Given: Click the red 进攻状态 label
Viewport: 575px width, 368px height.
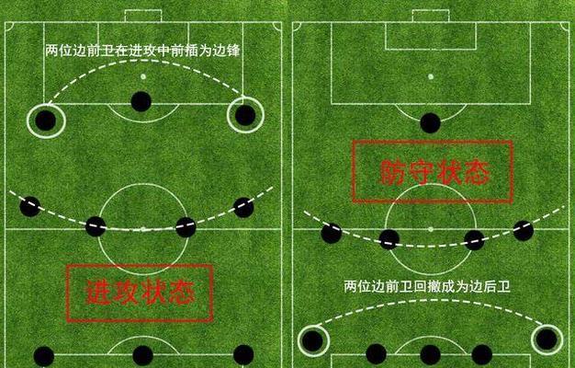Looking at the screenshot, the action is [140, 293].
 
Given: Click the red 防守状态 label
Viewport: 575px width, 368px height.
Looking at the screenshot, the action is [433, 171].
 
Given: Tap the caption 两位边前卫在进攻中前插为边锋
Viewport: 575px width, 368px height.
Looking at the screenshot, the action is [142, 51].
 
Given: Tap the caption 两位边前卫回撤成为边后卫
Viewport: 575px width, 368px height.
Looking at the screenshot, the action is [427, 286].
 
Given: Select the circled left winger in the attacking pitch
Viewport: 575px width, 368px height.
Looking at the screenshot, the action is [46, 121].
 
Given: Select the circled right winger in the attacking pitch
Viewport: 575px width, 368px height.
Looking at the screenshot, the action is [245, 115].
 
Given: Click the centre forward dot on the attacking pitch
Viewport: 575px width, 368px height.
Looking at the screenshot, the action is [141, 101].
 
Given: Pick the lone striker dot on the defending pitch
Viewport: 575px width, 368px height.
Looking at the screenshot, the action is [430, 123].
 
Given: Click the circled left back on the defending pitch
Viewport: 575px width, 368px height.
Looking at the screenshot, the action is [313, 340].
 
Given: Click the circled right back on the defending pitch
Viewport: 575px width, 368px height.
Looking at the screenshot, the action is [547, 339].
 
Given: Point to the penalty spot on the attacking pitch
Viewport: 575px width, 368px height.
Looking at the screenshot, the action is [143, 76].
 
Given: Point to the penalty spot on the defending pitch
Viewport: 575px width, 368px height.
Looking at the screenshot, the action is [431, 76].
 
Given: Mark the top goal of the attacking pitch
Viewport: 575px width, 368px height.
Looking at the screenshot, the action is [143, 17].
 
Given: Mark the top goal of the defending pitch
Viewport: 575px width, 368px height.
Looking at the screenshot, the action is [431, 17].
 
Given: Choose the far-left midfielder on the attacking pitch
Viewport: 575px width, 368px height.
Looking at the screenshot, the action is [30, 206].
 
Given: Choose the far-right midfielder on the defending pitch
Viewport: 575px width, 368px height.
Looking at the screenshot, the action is [524, 231].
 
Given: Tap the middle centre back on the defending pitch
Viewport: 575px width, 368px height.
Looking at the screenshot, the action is [430, 355].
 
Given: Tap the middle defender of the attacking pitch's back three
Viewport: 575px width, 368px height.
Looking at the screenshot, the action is [142, 355].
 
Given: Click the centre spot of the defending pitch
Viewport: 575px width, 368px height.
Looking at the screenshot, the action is [431, 229].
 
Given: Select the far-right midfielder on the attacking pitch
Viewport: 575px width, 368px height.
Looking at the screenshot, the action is [243, 208].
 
